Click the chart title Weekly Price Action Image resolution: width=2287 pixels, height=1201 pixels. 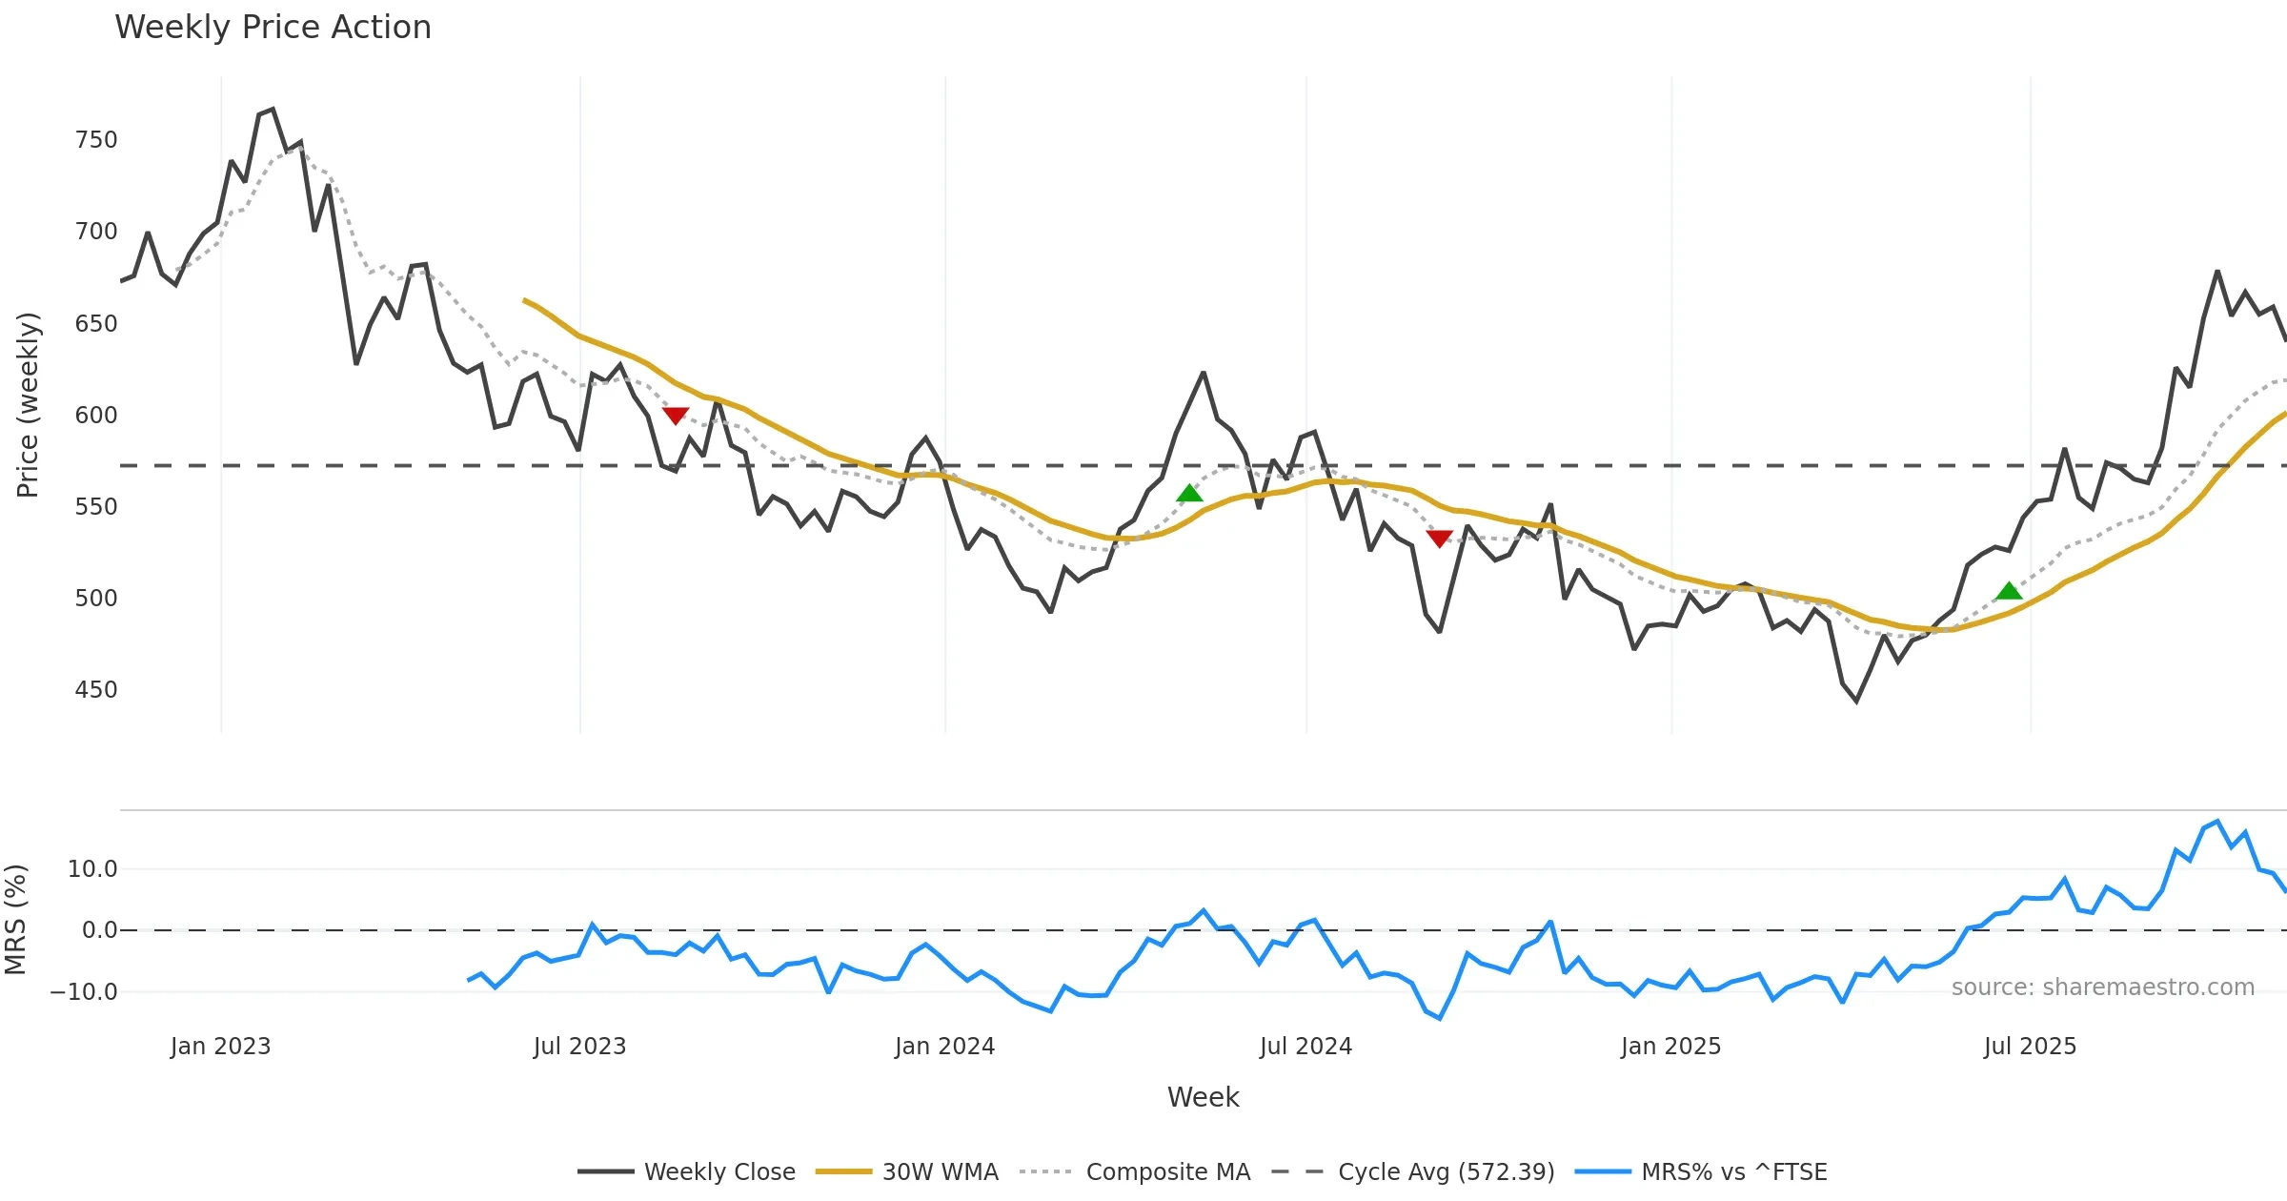[273, 28]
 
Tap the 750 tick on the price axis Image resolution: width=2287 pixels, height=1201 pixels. [96, 140]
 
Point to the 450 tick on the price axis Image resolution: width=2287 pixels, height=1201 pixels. [96, 690]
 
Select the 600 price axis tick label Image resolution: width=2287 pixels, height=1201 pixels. [96, 416]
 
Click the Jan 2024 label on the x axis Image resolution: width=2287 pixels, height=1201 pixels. [944, 1047]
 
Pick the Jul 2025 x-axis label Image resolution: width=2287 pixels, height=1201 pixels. [2030, 1047]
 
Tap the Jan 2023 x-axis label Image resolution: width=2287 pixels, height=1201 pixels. [220, 1047]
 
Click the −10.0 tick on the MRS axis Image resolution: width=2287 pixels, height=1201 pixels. [84, 992]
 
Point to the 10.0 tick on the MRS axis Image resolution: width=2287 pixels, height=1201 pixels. [92, 869]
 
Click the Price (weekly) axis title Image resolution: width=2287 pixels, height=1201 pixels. [28, 405]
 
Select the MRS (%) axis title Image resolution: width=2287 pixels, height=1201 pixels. [15, 920]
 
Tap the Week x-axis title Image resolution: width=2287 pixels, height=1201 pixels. [1203, 1098]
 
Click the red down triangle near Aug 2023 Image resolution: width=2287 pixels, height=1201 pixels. [676, 416]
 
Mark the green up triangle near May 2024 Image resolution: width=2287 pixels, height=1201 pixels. [1189, 493]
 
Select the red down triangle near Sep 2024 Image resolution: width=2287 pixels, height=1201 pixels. [1440, 539]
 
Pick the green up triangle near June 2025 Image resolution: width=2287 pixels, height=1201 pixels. [2009, 591]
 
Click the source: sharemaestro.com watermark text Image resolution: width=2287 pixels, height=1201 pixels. [2102, 987]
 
